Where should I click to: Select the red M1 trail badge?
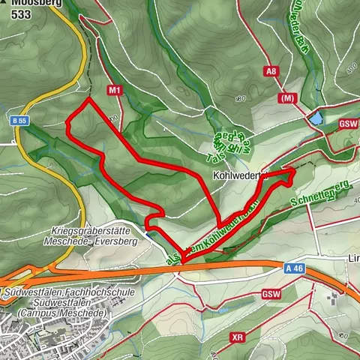pos(115,90)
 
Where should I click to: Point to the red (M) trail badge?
pos(286,98)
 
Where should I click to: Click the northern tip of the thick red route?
pos(88,98)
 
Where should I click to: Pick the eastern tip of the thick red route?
pos(293,172)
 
